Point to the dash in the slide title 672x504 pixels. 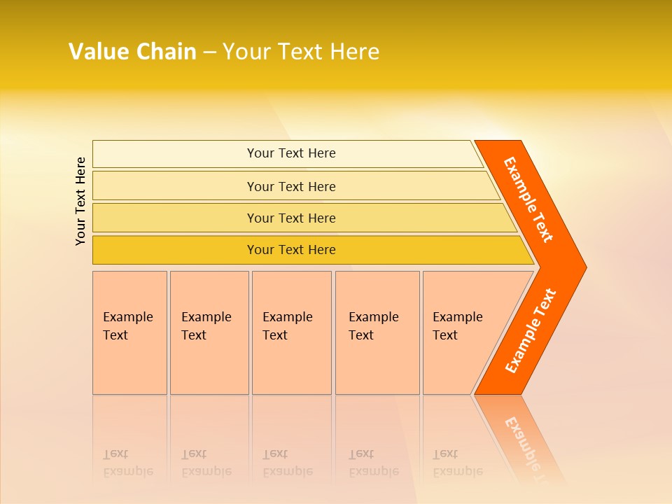coord(209,52)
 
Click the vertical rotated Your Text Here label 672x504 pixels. coord(80,201)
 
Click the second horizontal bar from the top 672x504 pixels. coord(291,186)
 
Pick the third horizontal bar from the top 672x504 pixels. coord(291,218)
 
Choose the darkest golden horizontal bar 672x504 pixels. coord(291,250)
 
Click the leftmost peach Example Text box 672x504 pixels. coord(129,332)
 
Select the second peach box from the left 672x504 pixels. coord(209,332)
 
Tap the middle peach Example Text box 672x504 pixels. coord(291,332)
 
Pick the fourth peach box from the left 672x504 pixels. coord(377,332)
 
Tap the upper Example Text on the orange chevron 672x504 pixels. coord(528,199)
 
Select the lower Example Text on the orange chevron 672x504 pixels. coord(531,331)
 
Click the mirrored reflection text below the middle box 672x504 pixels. coord(287,463)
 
